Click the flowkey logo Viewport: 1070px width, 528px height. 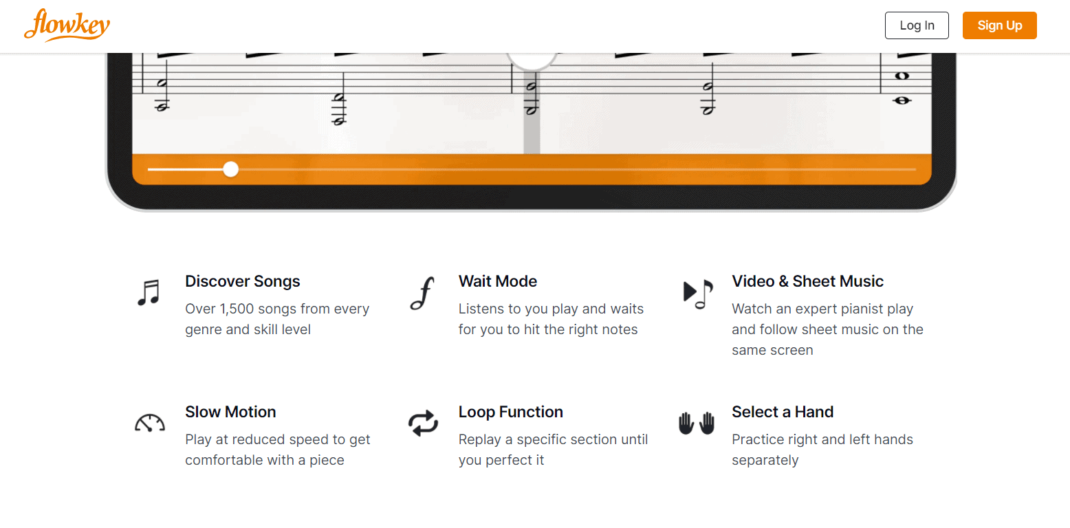point(67,25)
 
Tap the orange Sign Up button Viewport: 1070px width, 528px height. point(999,25)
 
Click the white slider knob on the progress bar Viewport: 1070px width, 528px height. point(231,169)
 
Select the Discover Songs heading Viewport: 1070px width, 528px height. point(243,281)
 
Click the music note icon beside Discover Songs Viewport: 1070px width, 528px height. point(148,292)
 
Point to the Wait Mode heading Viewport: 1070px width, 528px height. point(497,281)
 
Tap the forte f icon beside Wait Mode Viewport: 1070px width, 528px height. point(422,294)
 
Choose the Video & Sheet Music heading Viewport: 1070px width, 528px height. point(807,281)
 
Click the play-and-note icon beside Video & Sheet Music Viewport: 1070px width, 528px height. point(697,294)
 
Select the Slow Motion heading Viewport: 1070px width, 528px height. point(230,412)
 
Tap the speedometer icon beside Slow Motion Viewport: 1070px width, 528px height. point(149,423)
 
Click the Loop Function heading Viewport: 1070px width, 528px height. point(510,412)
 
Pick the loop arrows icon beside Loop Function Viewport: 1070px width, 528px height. point(423,423)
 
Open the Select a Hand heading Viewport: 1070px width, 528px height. point(783,412)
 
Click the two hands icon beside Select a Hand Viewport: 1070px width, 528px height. point(697,423)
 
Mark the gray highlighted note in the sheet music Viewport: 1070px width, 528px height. point(532,100)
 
